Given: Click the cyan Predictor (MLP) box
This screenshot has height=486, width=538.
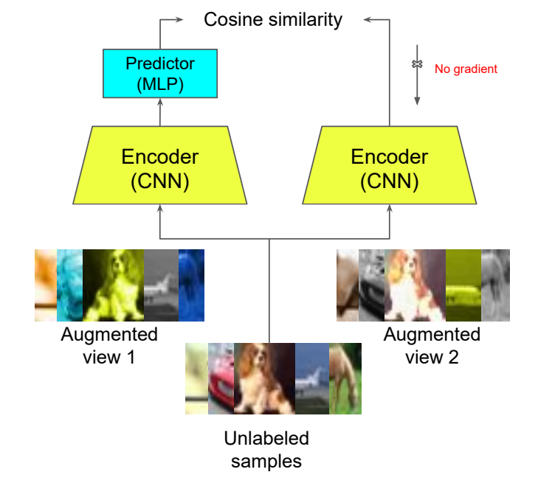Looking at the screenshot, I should [x=159, y=74].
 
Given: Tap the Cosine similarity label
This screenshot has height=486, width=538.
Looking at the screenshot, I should [x=273, y=19].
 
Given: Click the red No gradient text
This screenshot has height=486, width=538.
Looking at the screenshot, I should [x=466, y=69].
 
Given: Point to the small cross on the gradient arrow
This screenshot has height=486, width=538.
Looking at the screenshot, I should [x=417, y=65].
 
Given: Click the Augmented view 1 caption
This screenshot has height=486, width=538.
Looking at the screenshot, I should [x=109, y=345].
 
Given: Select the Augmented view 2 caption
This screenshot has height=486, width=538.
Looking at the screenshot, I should [x=432, y=345].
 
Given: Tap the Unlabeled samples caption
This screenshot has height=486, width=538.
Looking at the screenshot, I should [x=266, y=450].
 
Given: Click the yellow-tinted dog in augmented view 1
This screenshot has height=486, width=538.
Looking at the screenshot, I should [x=113, y=285].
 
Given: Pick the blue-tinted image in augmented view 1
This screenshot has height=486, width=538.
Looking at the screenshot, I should [x=190, y=285].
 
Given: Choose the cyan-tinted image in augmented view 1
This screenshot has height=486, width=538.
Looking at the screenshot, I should [x=69, y=285].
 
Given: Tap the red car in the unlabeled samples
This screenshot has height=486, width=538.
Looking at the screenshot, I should [x=221, y=378].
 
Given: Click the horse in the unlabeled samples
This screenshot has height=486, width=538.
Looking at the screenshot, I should [x=345, y=378].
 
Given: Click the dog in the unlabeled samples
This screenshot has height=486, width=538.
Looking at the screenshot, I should [x=264, y=378].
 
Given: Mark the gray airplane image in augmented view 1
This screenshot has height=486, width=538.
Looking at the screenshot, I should [x=161, y=285].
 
